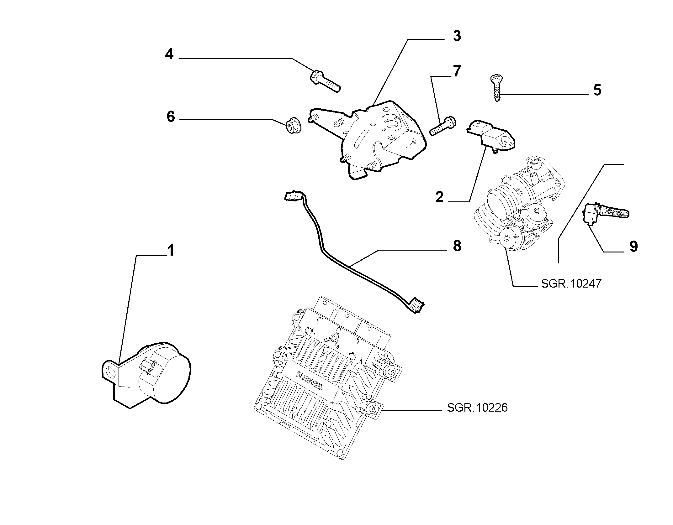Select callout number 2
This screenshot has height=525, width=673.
[x=440, y=197]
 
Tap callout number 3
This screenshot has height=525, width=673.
[x=457, y=36]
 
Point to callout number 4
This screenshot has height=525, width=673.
[x=169, y=55]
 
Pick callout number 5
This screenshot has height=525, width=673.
[x=597, y=90]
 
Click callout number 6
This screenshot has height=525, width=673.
[x=171, y=117]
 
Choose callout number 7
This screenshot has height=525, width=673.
[x=457, y=71]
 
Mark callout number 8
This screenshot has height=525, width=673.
[x=457, y=246]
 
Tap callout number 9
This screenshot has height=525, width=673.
[x=633, y=247]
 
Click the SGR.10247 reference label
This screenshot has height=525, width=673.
[x=571, y=283]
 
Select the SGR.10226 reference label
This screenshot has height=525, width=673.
[x=477, y=408]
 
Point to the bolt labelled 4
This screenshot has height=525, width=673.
[x=325, y=81]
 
